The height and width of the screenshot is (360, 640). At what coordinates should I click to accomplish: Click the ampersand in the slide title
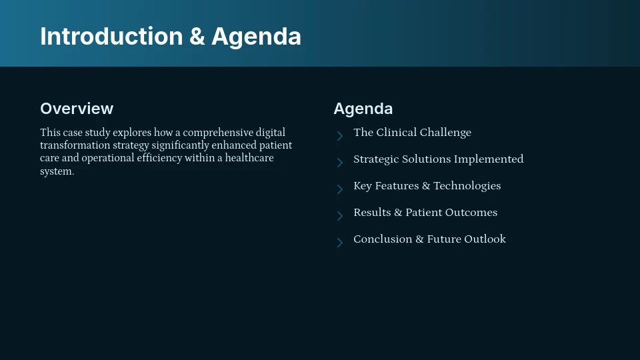coord(197,37)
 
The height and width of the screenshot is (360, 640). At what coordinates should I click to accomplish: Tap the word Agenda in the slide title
coord(256,37)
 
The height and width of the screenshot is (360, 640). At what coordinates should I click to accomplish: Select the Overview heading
coord(77,109)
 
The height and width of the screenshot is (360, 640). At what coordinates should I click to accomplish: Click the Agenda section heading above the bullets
coord(363,109)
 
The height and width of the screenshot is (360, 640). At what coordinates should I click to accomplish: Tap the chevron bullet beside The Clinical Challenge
coord(339,136)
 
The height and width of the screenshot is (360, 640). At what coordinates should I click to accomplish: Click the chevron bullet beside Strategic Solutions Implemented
coord(339,163)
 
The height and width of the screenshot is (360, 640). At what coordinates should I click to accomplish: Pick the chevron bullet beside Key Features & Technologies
coord(339,189)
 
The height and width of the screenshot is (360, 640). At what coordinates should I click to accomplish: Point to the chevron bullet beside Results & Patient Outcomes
coord(339,216)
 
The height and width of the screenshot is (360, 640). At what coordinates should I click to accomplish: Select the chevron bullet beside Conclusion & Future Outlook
coord(339,243)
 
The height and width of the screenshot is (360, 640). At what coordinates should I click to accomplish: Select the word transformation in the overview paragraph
coord(71,145)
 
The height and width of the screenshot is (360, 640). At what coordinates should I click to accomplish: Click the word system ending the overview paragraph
coord(56,171)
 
